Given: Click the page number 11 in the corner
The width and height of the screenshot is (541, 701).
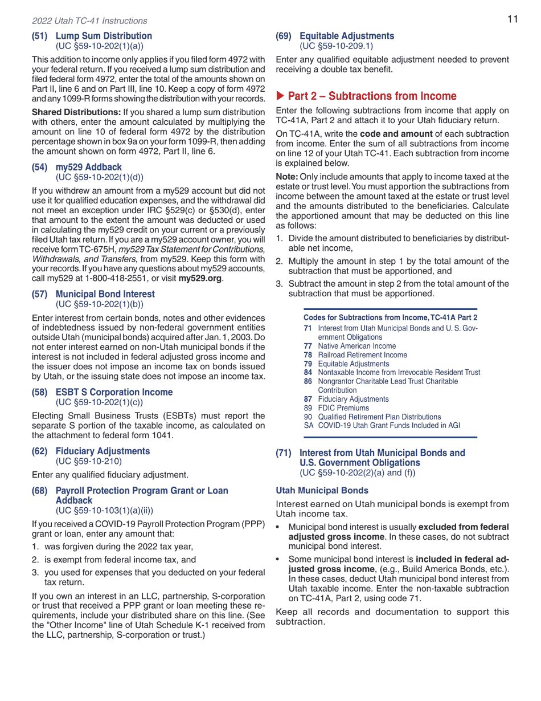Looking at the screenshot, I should click(513, 19).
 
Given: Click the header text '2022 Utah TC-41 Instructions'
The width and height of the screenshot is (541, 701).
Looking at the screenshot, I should click(89, 21).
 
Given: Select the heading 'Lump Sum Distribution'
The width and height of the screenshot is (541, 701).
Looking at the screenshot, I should click(104, 36).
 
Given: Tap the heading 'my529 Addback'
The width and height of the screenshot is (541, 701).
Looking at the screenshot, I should click(88, 167).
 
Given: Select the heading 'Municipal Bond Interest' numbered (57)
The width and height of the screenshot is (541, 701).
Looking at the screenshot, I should click(105, 294).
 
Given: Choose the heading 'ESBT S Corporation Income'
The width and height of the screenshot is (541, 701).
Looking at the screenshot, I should click(114, 392).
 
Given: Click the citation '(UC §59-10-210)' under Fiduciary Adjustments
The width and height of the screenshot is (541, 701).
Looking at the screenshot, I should click(88, 460).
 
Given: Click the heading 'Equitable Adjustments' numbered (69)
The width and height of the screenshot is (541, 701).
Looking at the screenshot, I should click(346, 36).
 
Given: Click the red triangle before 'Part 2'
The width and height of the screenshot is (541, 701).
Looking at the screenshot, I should click(280, 96).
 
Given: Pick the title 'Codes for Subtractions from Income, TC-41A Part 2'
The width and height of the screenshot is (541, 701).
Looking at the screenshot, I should click(390, 317).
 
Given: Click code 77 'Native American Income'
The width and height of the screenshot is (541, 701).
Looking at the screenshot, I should click(356, 346).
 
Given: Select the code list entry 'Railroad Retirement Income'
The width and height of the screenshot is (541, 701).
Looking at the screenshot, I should click(362, 354).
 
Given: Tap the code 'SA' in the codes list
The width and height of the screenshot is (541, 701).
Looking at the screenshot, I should click(308, 425).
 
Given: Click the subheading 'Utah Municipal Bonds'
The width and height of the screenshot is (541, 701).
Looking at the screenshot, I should click(322, 490).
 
